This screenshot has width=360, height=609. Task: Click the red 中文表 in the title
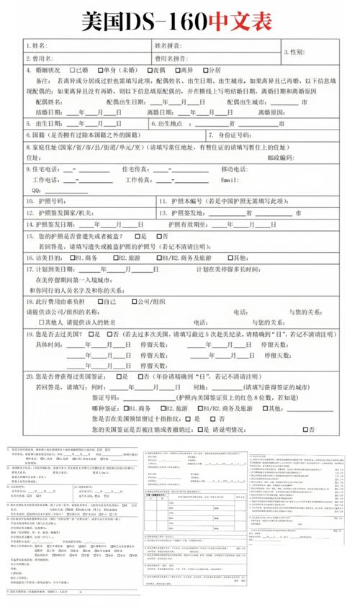[241, 21]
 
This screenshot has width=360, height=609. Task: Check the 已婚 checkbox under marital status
[71, 71]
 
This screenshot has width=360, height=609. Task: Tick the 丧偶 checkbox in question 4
[148, 71]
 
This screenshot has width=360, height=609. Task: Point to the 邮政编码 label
[281, 157]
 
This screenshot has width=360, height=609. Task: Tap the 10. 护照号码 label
[46, 202]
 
